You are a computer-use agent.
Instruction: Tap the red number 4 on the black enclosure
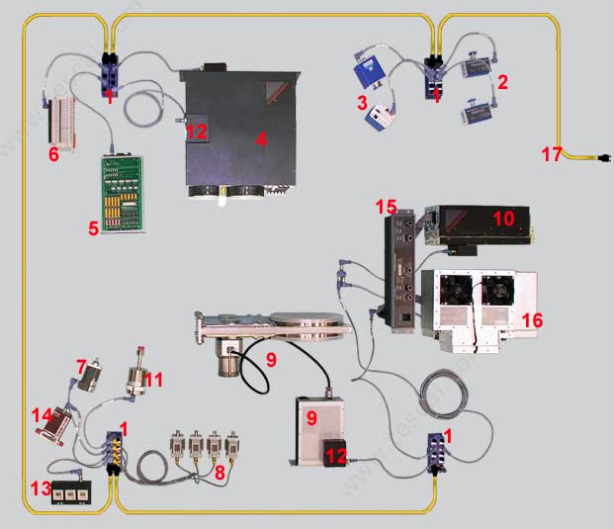coord(261,139)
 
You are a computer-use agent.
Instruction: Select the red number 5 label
coord(93,228)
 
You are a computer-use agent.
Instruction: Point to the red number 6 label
coord(54,154)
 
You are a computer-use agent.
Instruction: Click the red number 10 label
coord(503,219)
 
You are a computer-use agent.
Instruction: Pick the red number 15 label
coord(387,207)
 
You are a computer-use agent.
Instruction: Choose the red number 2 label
coord(501,82)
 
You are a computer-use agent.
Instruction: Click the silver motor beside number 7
coord(94,379)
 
